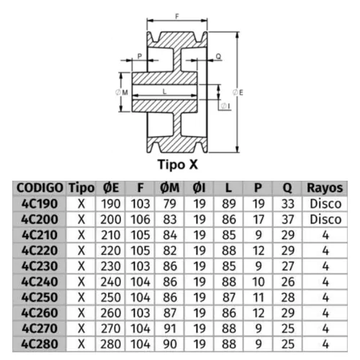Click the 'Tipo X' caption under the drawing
pos(178,165)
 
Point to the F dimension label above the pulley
pos(177,17)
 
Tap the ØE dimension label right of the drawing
pos(238,92)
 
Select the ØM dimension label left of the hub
pos(122,92)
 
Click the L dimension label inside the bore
pos(165,91)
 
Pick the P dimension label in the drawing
pos(140,56)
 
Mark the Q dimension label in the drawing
pos(218,56)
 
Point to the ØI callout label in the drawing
pos(225,106)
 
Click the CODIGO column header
pos(40,188)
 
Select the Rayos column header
pos(325,188)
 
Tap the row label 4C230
pos(40,266)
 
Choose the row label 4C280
pos(40,344)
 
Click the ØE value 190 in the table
pos(111,204)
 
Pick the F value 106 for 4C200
pos(140,220)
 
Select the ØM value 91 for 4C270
pos(170,328)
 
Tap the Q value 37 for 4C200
pos(288,220)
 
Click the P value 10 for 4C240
pos(258,282)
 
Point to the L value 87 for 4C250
pos(229,297)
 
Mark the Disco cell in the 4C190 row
pos(325,204)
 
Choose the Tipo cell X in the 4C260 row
pos(81,312)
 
